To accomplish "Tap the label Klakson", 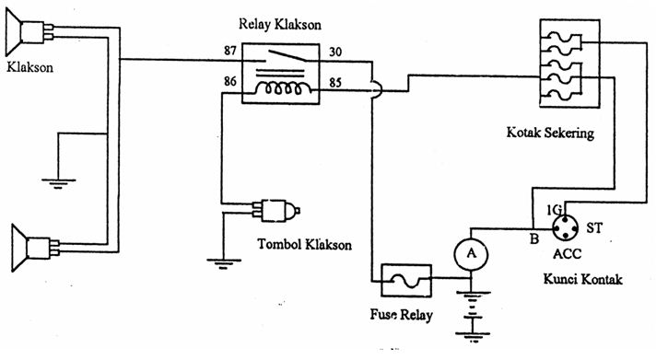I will (30, 68).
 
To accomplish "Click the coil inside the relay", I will (281, 89).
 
